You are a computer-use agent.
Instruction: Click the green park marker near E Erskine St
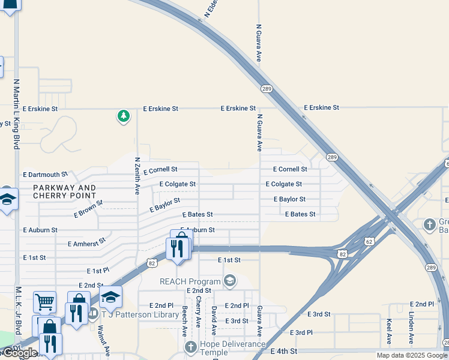(x=123, y=115)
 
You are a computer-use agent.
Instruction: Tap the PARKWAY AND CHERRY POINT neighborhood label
(x=64, y=192)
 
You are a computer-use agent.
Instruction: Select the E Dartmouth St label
(x=45, y=174)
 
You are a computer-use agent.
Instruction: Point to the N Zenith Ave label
(x=137, y=176)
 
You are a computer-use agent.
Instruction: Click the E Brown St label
(x=88, y=208)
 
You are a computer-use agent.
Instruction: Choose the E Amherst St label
(x=86, y=242)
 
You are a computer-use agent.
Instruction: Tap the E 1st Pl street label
(x=98, y=271)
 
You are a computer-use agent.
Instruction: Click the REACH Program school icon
(x=229, y=281)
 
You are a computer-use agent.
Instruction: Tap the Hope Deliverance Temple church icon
(x=190, y=347)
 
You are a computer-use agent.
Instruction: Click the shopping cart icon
(x=44, y=303)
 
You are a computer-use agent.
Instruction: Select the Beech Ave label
(x=185, y=321)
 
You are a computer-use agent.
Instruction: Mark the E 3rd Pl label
(x=301, y=332)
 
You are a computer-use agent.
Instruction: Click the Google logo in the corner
(x=19, y=353)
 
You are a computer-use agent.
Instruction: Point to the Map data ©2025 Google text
(x=411, y=355)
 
